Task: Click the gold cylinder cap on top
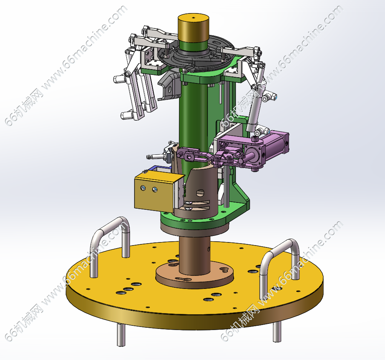pos(193,28)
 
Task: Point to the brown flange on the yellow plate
pos(194,274)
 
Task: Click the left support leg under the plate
pos(121,335)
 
